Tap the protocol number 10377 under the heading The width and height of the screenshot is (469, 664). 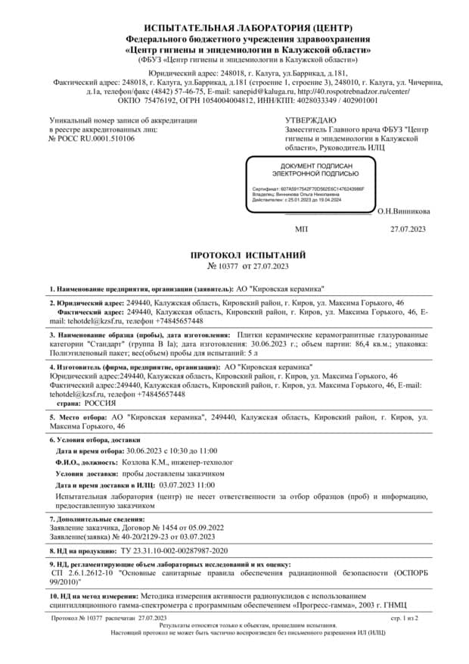(x=228, y=267)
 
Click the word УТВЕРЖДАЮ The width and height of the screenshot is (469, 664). (x=310, y=120)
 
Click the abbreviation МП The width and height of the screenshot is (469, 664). (x=301, y=228)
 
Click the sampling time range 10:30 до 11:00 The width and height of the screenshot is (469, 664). (x=189, y=450)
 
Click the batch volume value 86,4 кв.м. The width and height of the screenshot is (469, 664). (x=356, y=344)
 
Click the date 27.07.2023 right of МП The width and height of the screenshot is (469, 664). (x=408, y=228)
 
